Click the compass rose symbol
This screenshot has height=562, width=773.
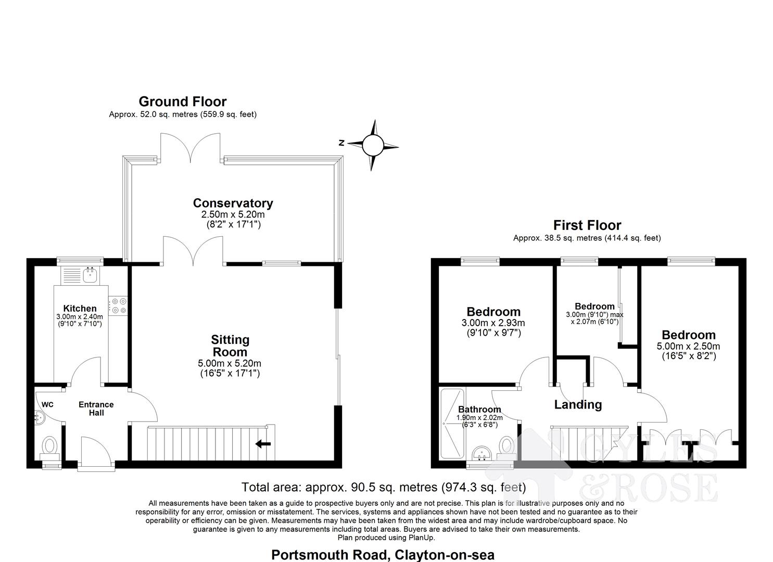[x=373, y=145]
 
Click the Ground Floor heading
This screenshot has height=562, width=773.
[x=182, y=101]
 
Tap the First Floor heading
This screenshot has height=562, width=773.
[x=587, y=225]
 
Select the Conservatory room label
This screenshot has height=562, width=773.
[x=233, y=203]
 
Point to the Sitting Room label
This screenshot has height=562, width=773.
[x=230, y=346]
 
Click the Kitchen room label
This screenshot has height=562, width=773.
[x=80, y=309]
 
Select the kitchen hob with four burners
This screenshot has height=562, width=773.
[x=118, y=305]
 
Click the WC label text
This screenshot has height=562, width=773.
[x=47, y=405]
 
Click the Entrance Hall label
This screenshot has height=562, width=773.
[x=96, y=408]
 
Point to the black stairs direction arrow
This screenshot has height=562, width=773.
[x=263, y=444]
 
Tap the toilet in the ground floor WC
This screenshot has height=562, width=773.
[x=50, y=445]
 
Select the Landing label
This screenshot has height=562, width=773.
[x=578, y=404]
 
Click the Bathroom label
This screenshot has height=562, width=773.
[x=479, y=410]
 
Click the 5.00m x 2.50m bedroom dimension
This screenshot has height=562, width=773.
[x=689, y=347]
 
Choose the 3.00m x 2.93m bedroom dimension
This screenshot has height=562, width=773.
[x=493, y=323]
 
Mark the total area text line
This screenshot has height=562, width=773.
[x=384, y=488]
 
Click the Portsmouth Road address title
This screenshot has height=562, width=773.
[x=383, y=555]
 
